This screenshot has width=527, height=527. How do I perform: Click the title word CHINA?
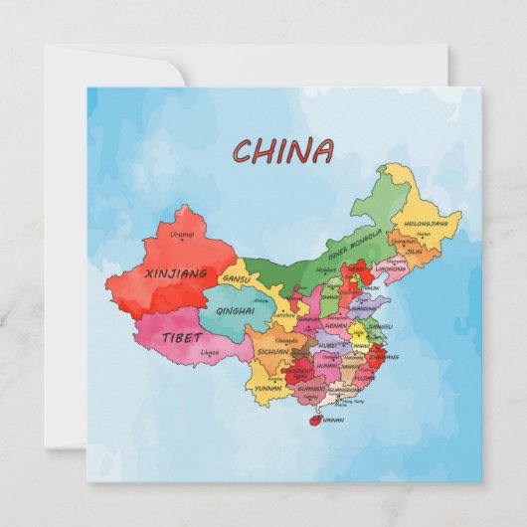(283, 151)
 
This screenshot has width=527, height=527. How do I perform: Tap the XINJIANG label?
(176, 272)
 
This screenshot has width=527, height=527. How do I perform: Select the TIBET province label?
(180, 337)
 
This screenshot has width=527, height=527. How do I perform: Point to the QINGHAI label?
(234, 310)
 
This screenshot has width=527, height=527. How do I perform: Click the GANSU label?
(236, 279)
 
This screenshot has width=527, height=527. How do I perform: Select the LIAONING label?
(392, 267)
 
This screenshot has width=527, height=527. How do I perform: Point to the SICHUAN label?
(272, 351)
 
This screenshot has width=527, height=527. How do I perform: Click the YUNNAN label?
(267, 388)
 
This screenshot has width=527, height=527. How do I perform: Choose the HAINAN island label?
(333, 421)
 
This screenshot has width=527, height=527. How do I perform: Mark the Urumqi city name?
(182, 235)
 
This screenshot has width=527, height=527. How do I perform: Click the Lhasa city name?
(210, 352)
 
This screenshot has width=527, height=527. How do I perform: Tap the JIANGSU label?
(380, 326)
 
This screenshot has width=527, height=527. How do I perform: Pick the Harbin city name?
(424, 235)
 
